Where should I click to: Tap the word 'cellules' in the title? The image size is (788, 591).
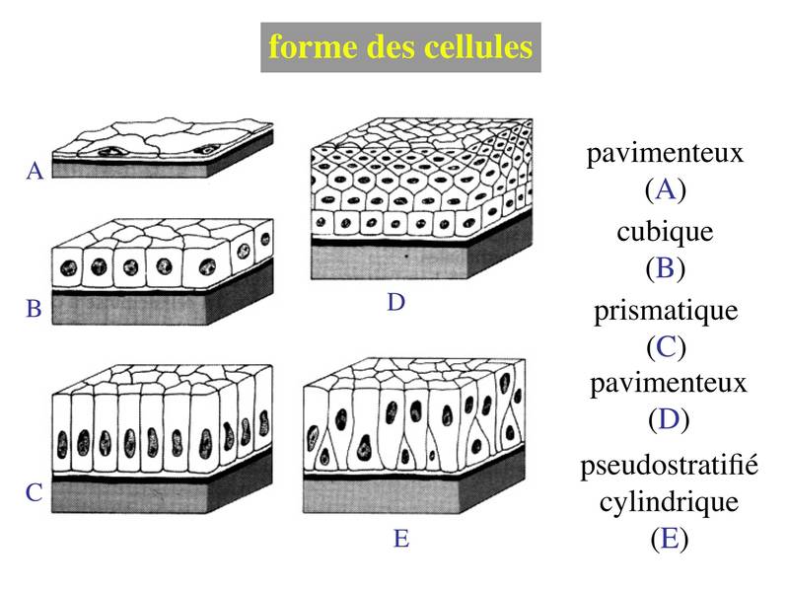point(478,46)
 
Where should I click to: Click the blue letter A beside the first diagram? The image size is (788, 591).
point(35,171)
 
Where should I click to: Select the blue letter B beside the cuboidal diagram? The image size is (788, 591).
point(34,308)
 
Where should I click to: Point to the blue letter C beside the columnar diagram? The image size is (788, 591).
point(34,492)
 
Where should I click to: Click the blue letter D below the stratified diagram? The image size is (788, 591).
point(396,302)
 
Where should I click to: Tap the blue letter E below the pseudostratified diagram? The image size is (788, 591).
point(401,539)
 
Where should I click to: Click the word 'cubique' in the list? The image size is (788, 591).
point(665,233)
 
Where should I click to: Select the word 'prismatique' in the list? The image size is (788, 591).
point(666,312)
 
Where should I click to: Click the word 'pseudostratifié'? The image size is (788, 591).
point(669,466)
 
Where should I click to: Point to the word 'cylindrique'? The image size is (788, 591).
point(669,501)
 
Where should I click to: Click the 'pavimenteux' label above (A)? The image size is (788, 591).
point(665,153)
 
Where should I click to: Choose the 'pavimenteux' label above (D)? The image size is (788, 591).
point(669,385)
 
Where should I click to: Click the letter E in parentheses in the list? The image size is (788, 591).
point(669,539)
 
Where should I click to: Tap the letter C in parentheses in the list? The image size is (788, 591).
point(667,346)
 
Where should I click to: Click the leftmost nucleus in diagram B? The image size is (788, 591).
point(69,268)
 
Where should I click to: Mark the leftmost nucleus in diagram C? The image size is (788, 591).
point(63,445)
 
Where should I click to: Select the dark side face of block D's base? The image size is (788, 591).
point(500,247)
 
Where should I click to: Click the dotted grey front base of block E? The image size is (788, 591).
point(382,498)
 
